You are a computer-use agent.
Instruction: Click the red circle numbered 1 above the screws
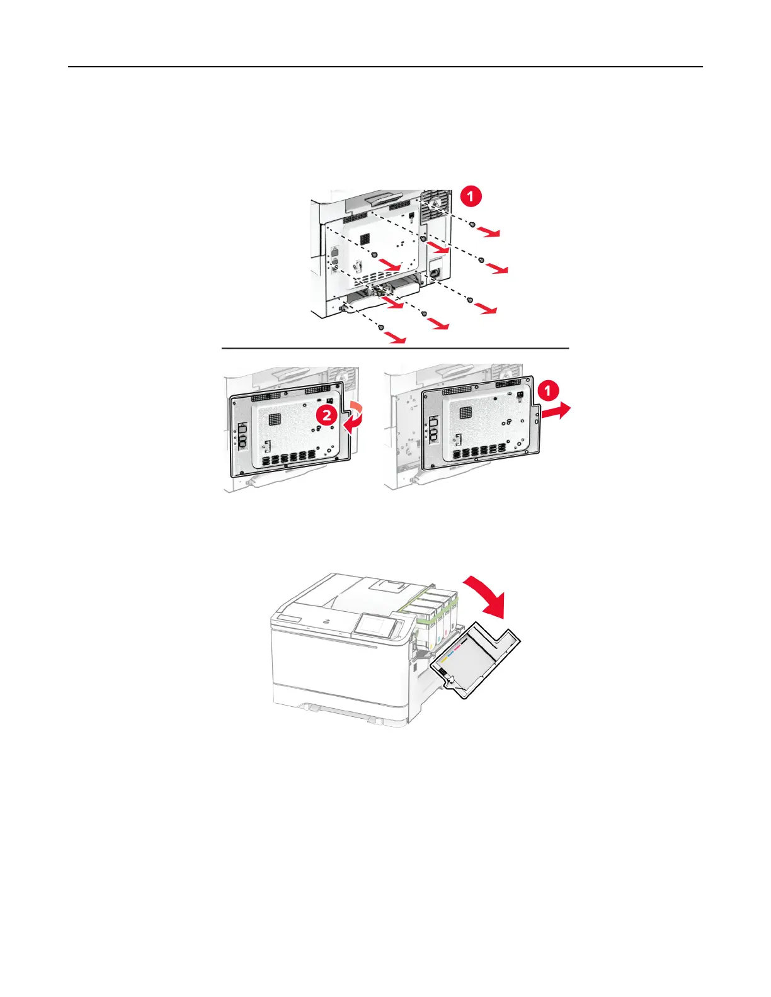(470, 196)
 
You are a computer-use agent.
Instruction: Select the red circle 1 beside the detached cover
(547, 391)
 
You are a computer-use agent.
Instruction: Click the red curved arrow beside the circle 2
(350, 416)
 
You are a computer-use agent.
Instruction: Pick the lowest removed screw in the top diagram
(380, 326)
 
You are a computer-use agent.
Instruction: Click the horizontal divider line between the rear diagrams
(395, 347)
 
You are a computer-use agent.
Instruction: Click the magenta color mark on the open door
(457, 646)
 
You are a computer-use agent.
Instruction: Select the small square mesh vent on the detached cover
(465, 414)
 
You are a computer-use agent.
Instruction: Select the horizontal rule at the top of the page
(385, 67)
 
